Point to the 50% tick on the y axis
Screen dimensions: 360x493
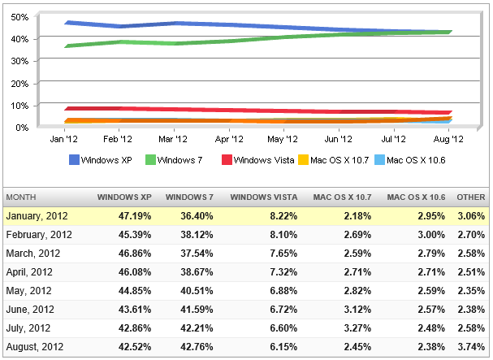click(21, 17)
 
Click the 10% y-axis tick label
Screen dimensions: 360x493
click(21, 106)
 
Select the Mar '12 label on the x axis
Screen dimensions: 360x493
click(173, 140)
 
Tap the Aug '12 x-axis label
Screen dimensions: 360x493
click(448, 140)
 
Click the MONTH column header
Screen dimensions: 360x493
click(23, 197)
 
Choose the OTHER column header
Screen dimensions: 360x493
click(471, 197)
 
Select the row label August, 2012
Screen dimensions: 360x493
click(37, 346)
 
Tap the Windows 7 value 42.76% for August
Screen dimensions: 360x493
click(199, 346)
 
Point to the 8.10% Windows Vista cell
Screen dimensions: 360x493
click(279, 234)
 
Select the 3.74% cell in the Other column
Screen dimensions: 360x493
click(471, 346)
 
